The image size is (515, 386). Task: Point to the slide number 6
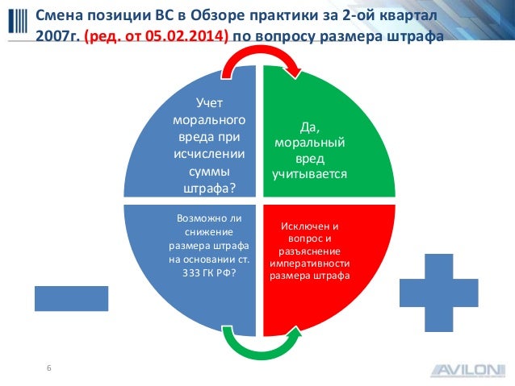[49, 368]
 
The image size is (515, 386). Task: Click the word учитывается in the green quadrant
[308, 173]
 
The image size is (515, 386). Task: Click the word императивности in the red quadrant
[310, 263]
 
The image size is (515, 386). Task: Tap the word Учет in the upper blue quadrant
[211, 102]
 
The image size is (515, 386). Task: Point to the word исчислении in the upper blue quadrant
[211, 153]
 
